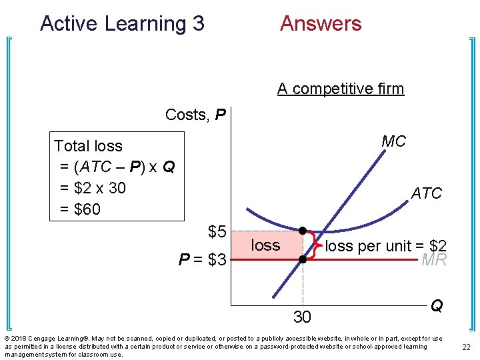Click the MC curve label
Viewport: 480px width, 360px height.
tap(393, 142)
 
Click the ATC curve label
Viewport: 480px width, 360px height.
tap(427, 193)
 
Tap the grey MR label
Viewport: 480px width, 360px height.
tap(434, 260)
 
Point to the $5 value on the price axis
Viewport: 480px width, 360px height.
tap(217, 232)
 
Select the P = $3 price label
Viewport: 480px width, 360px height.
tap(203, 259)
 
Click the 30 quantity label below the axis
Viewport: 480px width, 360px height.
tap(302, 317)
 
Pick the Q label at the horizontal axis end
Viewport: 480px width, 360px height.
tap(437, 305)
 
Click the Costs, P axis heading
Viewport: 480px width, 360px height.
tap(195, 115)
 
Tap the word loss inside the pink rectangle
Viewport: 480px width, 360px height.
tap(265, 245)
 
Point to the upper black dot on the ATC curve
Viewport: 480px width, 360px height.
tap(302, 231)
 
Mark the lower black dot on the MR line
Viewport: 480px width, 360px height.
tap(302, 259)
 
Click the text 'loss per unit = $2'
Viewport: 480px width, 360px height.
tap(385, 245)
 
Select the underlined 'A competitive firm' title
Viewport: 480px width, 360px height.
tap(341, 89)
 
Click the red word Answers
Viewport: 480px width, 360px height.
tap(321, 24)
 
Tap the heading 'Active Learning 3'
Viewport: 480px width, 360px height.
tap(122, 24)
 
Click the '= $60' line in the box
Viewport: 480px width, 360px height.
tap(80, 209)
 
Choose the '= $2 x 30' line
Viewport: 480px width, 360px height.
tap(93, 188)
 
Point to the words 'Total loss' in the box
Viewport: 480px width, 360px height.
tap(88, 145)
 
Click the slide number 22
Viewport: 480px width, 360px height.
tap(465, 346)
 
